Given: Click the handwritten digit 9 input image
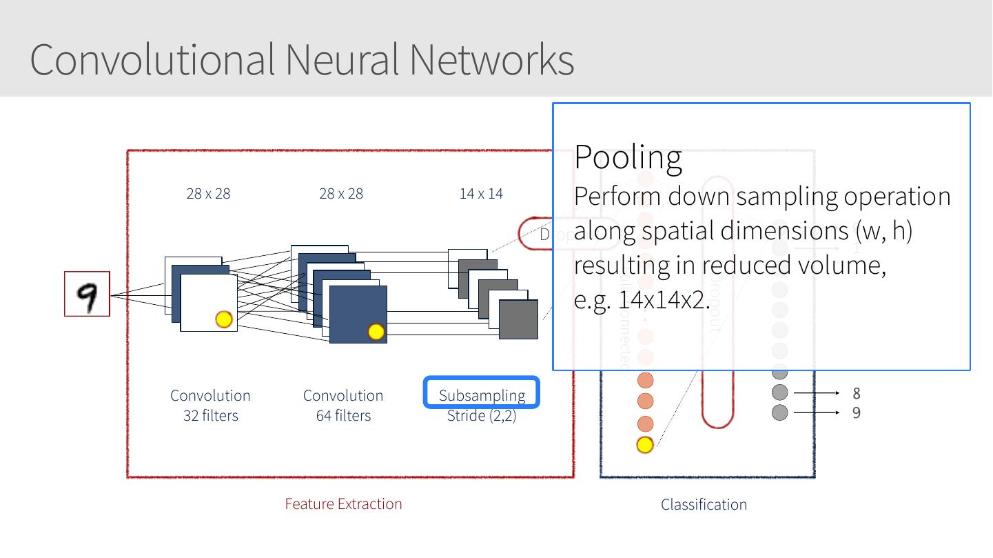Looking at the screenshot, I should [x=87, y=294].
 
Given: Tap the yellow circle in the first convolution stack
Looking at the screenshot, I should [x=224, y=319].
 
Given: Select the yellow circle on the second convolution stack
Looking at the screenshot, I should [x=376, y=332].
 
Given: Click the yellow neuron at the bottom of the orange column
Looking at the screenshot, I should [x=644, y=445].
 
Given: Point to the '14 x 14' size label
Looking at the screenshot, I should [x=481, y=194].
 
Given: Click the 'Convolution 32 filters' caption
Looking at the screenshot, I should [x=210, y=405].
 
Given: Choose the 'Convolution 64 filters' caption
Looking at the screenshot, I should [x=343, y=405].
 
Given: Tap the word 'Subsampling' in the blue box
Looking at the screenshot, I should [x=482, y=395].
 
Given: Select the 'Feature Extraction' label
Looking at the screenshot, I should [x=343, y=504].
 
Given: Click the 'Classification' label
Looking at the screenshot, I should [x=704, y=504].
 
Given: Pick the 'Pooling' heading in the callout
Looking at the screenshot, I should [x=628, y=157].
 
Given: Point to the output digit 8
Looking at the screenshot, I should [x=857, y=393].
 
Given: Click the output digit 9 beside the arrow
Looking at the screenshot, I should [x=857, y=412].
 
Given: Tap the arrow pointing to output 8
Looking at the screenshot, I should [x=817, y=393].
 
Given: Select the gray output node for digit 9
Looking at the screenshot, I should [x=779, y=412].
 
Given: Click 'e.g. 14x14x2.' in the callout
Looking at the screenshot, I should [x=642, y=301].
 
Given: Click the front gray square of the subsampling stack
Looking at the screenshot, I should [x=518, y=319].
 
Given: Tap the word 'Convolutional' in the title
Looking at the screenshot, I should [x=152, y=59].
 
